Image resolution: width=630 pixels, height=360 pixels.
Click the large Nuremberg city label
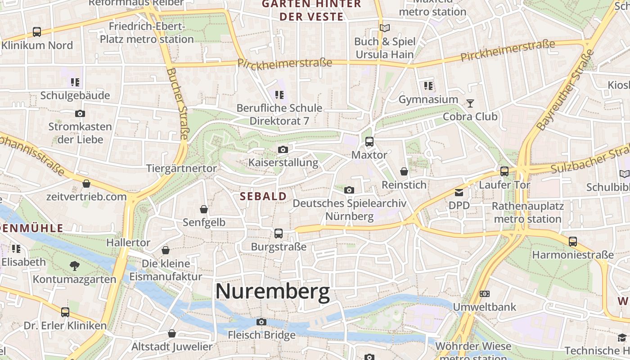coord(272,292)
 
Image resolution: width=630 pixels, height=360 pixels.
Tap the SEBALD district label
coord(263,196)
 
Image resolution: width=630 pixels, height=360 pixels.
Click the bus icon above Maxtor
coord(369,142)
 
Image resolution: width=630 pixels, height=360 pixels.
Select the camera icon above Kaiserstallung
coord(283,149)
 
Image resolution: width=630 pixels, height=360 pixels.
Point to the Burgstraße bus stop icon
coord(279,234)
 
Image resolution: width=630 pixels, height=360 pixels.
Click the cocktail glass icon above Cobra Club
coord(470,103)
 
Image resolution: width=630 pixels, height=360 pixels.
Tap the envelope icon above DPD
coord(459,193)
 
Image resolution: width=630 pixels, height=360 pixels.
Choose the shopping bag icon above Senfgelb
coord(204,209)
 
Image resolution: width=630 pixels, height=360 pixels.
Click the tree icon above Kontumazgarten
coord(75,266)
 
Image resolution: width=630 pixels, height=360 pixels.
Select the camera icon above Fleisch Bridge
coord(261,322)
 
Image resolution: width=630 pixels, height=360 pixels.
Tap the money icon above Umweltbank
coord(484,294)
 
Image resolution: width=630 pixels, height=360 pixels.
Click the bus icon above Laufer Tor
coord(504,171)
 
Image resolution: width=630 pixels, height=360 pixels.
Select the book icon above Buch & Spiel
coord(384,28)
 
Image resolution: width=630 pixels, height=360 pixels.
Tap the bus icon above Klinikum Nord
coord(37,32)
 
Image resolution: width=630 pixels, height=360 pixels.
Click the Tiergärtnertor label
coord(181,168)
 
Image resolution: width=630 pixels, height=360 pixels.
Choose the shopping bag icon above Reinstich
coord(404,171)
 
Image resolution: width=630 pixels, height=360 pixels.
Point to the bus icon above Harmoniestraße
coord(572,242)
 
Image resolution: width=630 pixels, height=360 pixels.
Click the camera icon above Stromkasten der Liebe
coord(80,113)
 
